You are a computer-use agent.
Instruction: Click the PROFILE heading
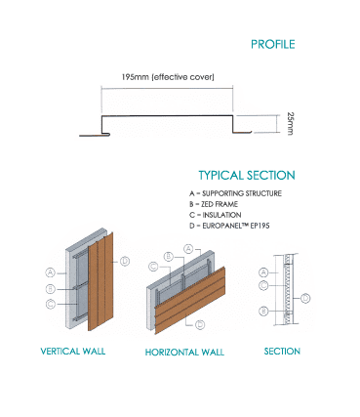[x=273, y=44]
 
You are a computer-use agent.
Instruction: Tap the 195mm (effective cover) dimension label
[x=168, y=77]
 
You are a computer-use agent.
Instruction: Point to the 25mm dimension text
[x=290, y=124]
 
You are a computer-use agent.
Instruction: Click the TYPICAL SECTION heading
[x=247, y=175]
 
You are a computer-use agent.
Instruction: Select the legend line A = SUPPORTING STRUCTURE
[x=235, y=193]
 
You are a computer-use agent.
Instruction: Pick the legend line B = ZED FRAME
[x=214, y=204]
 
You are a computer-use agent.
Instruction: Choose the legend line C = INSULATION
[x=216, y=215]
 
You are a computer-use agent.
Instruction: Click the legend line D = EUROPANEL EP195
[x=229, y=226]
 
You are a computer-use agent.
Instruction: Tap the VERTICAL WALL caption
[x=73, y=352]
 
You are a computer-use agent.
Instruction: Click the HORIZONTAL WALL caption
[x=184, y=353]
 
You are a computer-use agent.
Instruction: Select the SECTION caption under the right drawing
[x=282, y=352]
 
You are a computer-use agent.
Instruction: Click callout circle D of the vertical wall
[x=125, y=261]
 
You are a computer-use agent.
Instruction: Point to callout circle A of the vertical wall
[x=50, y=272]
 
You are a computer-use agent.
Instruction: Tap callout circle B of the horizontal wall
[x=168, y=257]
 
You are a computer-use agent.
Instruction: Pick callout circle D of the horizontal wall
[x=200, y=324]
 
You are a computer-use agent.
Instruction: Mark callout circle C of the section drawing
[x=263, y=285]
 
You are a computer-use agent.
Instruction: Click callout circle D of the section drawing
[x=305, y=298]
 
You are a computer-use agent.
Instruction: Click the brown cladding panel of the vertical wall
[x=100, y=281]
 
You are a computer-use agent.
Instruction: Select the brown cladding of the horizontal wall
[x=190, y=300]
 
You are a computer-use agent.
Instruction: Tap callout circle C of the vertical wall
[x=50, y=304]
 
